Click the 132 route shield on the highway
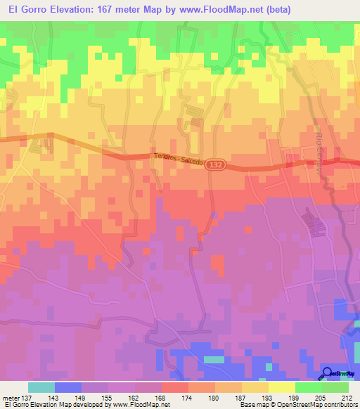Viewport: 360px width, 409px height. (217, 162)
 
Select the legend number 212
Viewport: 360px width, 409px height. (347, 397)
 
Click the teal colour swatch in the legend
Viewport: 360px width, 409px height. (41, 387)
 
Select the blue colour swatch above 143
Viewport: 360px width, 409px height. (67, 387)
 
